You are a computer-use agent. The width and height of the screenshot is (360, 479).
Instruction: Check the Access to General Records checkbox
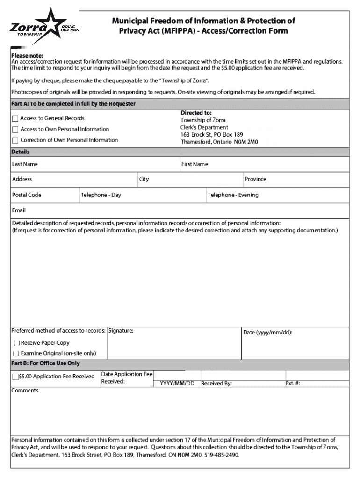[15, 119]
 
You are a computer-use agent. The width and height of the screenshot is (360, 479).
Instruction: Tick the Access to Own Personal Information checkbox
[15, 130]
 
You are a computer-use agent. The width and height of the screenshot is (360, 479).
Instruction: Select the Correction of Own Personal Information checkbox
[15, 140]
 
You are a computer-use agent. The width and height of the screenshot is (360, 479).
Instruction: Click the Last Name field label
[25, 164]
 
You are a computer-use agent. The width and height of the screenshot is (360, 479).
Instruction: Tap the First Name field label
[194, 164]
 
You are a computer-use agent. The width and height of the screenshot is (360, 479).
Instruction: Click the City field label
[144, 179]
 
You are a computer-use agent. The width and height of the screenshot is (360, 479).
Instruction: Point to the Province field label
[255, 179]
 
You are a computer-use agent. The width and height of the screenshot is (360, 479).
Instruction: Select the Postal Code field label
[27, 195]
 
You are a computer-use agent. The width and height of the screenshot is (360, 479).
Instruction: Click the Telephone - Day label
[101, 195]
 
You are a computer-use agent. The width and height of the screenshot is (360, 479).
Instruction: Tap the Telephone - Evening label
[233, 195]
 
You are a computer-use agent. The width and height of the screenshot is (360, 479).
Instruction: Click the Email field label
[19, 210]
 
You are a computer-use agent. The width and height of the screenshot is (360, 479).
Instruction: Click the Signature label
[121, 331]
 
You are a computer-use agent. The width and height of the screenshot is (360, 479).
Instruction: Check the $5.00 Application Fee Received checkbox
[15, 377]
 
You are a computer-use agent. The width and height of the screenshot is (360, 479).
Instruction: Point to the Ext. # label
[293, 384]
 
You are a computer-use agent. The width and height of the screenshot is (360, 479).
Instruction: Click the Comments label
[26, 390]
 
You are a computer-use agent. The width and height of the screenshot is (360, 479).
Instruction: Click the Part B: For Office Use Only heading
[45, 363]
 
